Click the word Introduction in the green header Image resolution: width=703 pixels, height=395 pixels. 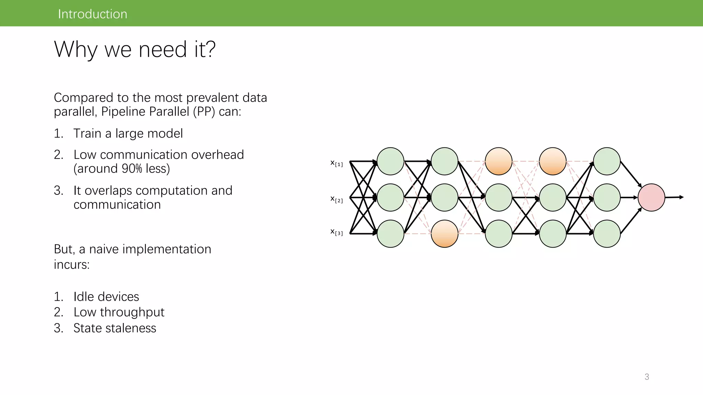pos(92,14)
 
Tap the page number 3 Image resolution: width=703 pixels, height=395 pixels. pos(647,377)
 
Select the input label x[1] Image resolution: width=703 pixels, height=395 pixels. pos(336,163)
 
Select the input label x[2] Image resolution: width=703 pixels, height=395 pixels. pos(336,199)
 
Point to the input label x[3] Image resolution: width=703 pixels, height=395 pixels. pos(336,232)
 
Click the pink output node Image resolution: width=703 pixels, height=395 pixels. pos(651,197)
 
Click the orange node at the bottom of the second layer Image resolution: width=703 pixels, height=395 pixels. pos(445,234)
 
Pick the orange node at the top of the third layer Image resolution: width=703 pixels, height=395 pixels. pos(498,161)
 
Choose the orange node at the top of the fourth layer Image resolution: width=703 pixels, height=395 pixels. pos(553,161)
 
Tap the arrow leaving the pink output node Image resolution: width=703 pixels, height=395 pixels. pos(675,197)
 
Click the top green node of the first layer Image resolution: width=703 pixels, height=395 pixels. pos(390,161)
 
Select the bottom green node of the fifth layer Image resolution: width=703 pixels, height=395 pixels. pos(607,234)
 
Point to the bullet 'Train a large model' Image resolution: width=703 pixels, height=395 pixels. pos(128,133)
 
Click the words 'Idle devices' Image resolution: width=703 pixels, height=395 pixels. pos(106,297)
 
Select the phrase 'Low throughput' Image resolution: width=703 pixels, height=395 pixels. pos(119,312)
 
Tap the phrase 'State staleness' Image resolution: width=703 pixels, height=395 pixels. pos(115,328)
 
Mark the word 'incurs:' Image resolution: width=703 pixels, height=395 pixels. pos(71,264)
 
